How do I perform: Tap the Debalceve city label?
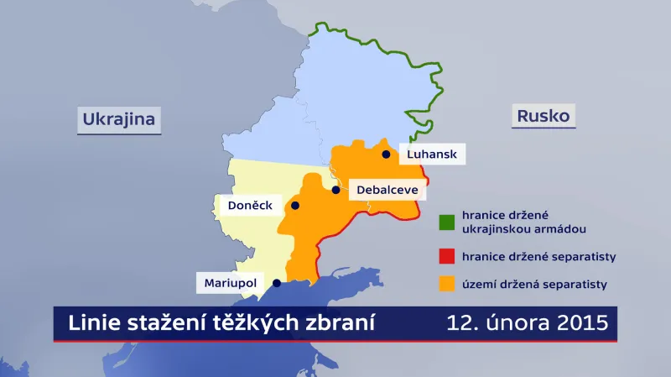point(387,191)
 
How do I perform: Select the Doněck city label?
point(243,206)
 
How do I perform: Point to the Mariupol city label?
point(230,284)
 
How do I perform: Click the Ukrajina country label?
point(119,119)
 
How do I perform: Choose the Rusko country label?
point(542,116)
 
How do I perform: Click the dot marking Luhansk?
point(386,154)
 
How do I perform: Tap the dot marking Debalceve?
point(336,191)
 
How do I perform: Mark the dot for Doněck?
point(295,206)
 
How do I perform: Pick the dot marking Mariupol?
point(275,284)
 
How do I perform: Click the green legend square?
point(447,222)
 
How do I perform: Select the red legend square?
point(447,255)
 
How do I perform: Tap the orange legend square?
point(447,285)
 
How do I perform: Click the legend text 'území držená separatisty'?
point(532,285)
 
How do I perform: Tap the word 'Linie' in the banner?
point(90,324)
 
